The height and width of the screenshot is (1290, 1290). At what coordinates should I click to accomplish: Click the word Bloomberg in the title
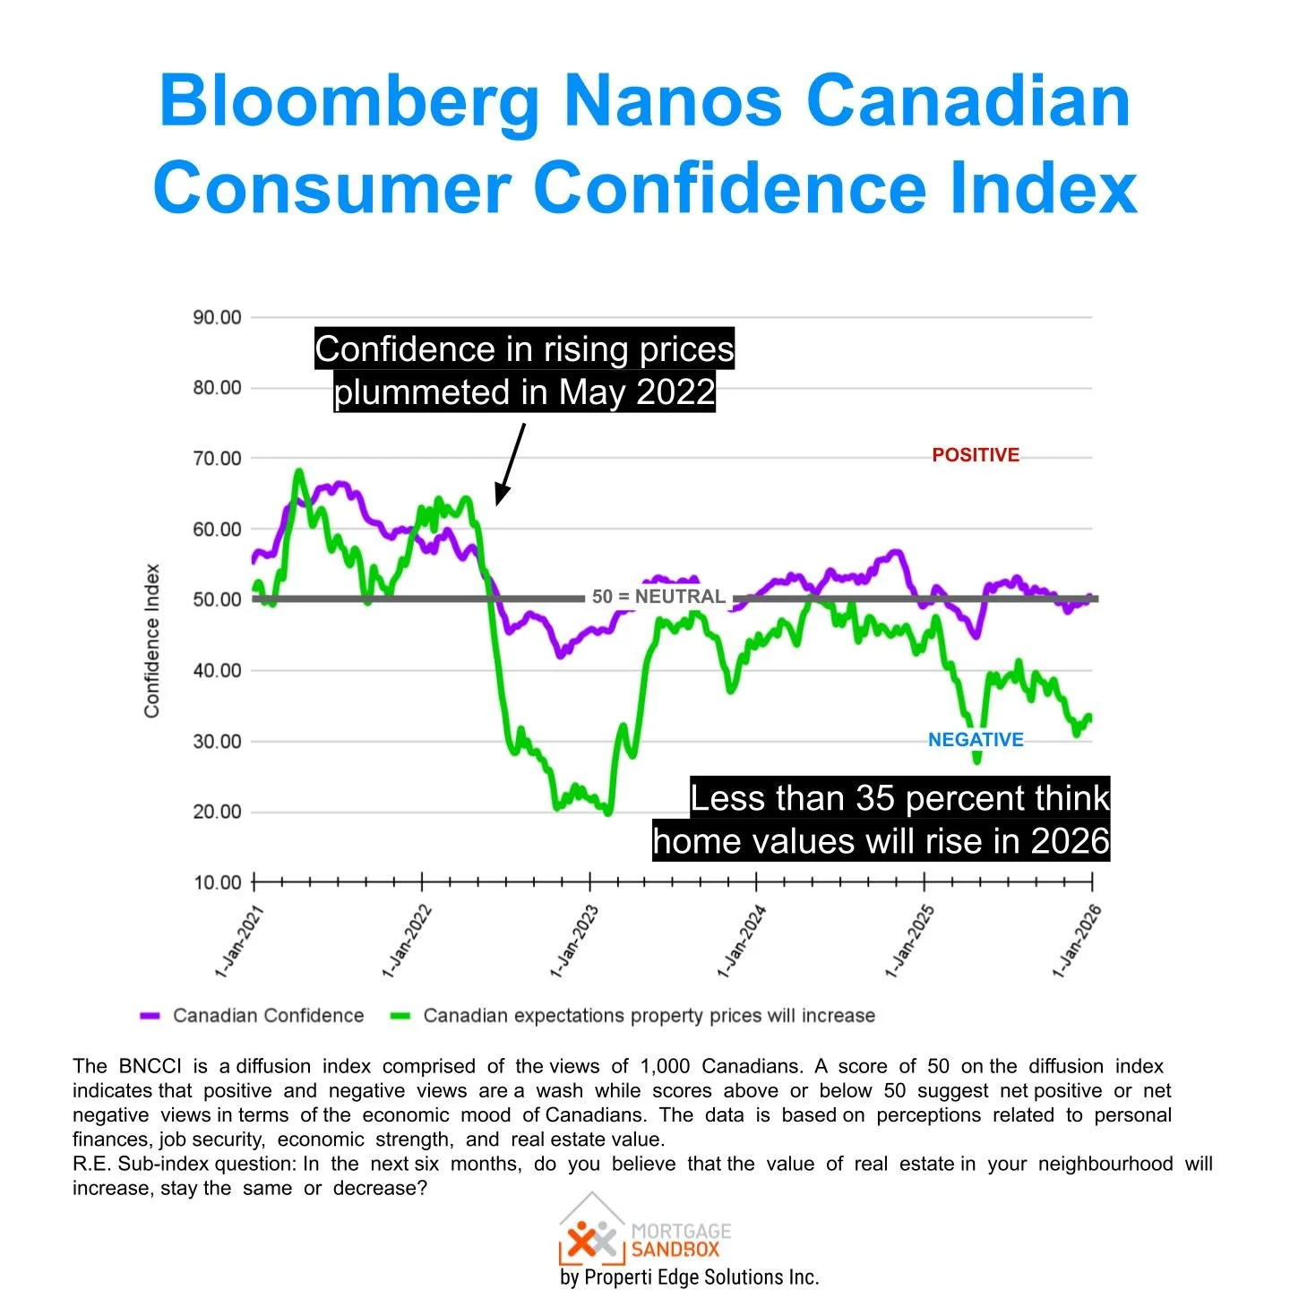(x=349, y=102)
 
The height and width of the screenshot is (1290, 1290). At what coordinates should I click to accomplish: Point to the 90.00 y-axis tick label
(x=217, y=317)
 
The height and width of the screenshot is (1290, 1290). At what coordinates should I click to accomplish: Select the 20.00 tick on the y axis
(x=217, y=812)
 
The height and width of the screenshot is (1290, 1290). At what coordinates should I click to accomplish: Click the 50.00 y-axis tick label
(x=217, y=599)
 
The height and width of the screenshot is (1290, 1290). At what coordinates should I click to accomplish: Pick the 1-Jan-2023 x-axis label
(x=574, y=942)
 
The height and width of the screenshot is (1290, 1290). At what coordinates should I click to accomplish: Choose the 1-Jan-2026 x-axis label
(x=1076, y=942)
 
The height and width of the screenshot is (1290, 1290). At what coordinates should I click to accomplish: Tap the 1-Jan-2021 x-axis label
(x=239, y=942)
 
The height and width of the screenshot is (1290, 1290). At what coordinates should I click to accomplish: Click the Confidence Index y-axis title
(x=152, y=641)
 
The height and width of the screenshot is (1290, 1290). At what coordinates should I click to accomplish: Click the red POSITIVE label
(x=975, y=455)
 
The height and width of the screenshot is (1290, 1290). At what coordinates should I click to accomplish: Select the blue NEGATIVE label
(x=975, y=740)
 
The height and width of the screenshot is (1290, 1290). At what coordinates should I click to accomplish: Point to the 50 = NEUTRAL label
(x=658, y=597)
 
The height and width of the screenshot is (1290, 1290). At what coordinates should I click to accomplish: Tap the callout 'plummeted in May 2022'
(x=524, y=392)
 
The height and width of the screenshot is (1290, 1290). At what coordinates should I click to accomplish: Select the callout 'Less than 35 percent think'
(x=899, y=797)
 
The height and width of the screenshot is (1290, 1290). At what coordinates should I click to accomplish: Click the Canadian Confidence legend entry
(x=268, y=1016)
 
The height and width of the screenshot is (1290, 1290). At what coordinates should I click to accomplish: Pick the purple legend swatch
(x=150, y=1016)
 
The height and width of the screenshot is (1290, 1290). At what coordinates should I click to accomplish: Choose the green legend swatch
(x=400, y=1016)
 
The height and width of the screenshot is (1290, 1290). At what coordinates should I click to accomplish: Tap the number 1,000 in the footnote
(x=665, y=1066)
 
